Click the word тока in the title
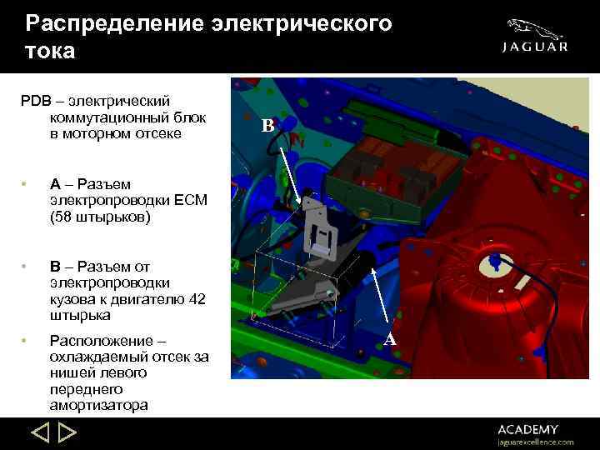click(x=50, y=51)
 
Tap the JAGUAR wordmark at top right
click(x=535, y=47)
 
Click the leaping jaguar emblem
click(x=536, y=27)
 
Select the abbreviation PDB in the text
click(x=35, y=100)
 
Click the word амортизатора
click(x=99, y=406)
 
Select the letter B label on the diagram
click(x=267, y=127)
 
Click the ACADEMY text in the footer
click(x=529, y=429)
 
